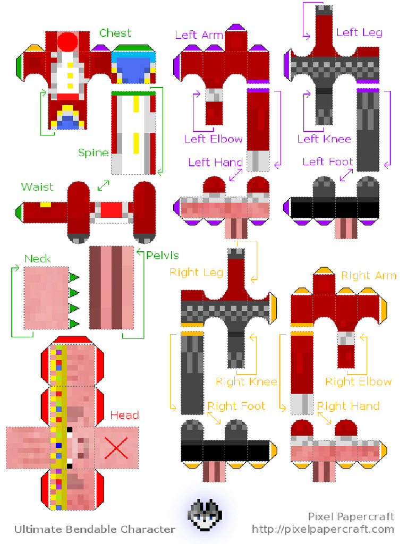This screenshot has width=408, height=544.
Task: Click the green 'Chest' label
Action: (115, 33)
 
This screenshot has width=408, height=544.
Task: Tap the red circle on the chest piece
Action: (67, 41)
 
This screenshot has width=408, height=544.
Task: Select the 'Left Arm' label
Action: (199, 35)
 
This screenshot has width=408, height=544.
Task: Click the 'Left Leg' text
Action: (359, 32)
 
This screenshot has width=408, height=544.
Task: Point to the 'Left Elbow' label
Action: (213, 139)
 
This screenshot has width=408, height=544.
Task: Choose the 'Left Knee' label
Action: (324, 139)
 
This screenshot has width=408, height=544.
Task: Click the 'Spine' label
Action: (93, 153)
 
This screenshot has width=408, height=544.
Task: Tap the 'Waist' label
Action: (37, 187)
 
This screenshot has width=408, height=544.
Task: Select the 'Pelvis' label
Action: (162, 256)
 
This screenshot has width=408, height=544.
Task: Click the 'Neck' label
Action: (38, 259)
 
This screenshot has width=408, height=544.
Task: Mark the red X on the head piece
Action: (116, 448)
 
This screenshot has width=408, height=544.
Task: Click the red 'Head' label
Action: (124, 415)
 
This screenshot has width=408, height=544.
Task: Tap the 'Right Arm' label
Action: (369, 276)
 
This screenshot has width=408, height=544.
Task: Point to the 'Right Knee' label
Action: (246, 382)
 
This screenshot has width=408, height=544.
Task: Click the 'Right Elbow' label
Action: (358, 382)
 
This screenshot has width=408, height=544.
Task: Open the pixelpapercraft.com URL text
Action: (323, 529)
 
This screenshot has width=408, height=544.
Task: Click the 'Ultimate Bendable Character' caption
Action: (94, 529)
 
